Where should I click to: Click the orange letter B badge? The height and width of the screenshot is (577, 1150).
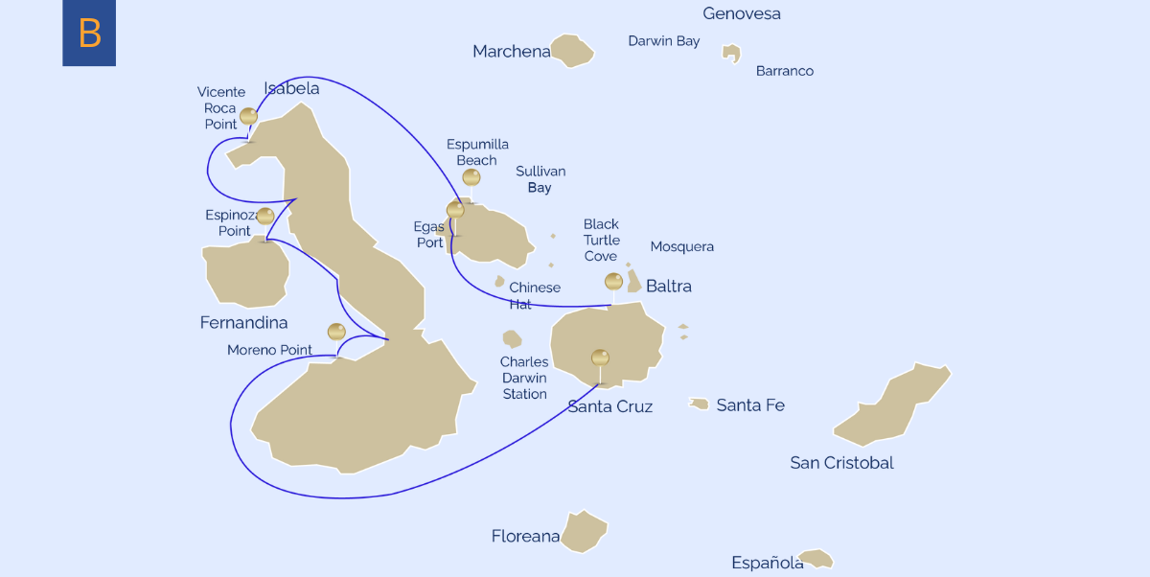[x=89, y=33]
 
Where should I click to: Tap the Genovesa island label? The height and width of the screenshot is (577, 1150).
[x=741, y=14]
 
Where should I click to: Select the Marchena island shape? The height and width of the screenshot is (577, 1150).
[x=573, y=51]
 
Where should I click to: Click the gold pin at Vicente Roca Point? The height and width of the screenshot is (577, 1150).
[x=248, y=116]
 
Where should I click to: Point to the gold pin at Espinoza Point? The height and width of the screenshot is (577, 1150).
[x=265, y=216]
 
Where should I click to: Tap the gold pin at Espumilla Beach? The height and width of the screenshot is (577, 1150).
[x=471, y=177]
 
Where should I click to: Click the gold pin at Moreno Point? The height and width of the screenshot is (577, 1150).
[x=336, y=332]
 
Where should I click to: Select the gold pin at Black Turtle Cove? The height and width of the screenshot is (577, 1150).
[x=613, y=281]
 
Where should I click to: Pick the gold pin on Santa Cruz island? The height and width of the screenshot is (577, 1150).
[x=600, y=358]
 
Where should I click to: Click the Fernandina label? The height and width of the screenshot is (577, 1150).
[x=243, y=323]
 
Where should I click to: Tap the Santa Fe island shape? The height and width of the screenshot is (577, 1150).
[x=699, y=404]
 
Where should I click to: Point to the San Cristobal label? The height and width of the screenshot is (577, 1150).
[x=841, y=463]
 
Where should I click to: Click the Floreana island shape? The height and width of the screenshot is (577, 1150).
[x=584, y=531]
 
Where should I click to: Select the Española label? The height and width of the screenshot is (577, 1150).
[x=767, y=563]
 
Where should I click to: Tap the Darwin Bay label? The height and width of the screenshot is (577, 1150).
[x=663, y=41]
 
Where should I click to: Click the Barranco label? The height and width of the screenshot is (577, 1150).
[x=784, y=71]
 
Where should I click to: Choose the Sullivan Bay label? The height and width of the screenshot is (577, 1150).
[x=540, y=179]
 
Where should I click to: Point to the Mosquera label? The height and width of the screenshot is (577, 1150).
[x=681, y=246]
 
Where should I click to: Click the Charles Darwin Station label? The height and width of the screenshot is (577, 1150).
[x=524, y=378]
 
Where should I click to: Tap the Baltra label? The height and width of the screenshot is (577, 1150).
[x=668, y=286]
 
